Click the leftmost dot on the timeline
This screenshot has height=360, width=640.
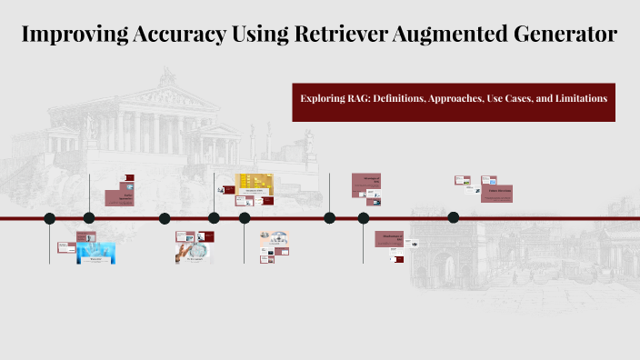point(50,218)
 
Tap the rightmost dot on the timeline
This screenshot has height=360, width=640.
point(454,217)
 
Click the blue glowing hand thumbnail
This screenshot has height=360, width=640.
point(95,253)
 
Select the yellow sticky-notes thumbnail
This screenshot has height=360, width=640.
point(255,183)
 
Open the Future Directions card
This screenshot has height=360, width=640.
point(499,193)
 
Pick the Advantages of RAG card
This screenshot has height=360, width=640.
point(366,180)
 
